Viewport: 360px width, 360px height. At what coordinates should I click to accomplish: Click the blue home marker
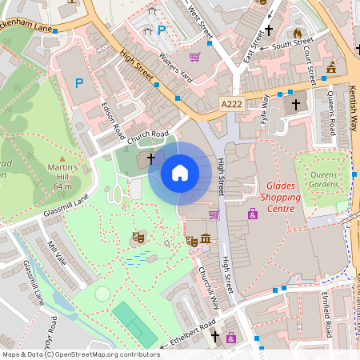180,172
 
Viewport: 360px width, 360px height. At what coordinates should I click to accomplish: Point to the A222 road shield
232,103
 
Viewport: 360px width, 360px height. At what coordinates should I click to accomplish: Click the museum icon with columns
206,239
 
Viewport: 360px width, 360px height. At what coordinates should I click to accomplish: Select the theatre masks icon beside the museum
192,239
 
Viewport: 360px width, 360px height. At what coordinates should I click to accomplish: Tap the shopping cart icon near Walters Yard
194,57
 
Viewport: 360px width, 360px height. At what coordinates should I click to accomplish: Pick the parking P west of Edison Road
78,82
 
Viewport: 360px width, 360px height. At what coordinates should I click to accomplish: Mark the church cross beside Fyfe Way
295,104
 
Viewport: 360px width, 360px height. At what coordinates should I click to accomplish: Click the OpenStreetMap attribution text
80,354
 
